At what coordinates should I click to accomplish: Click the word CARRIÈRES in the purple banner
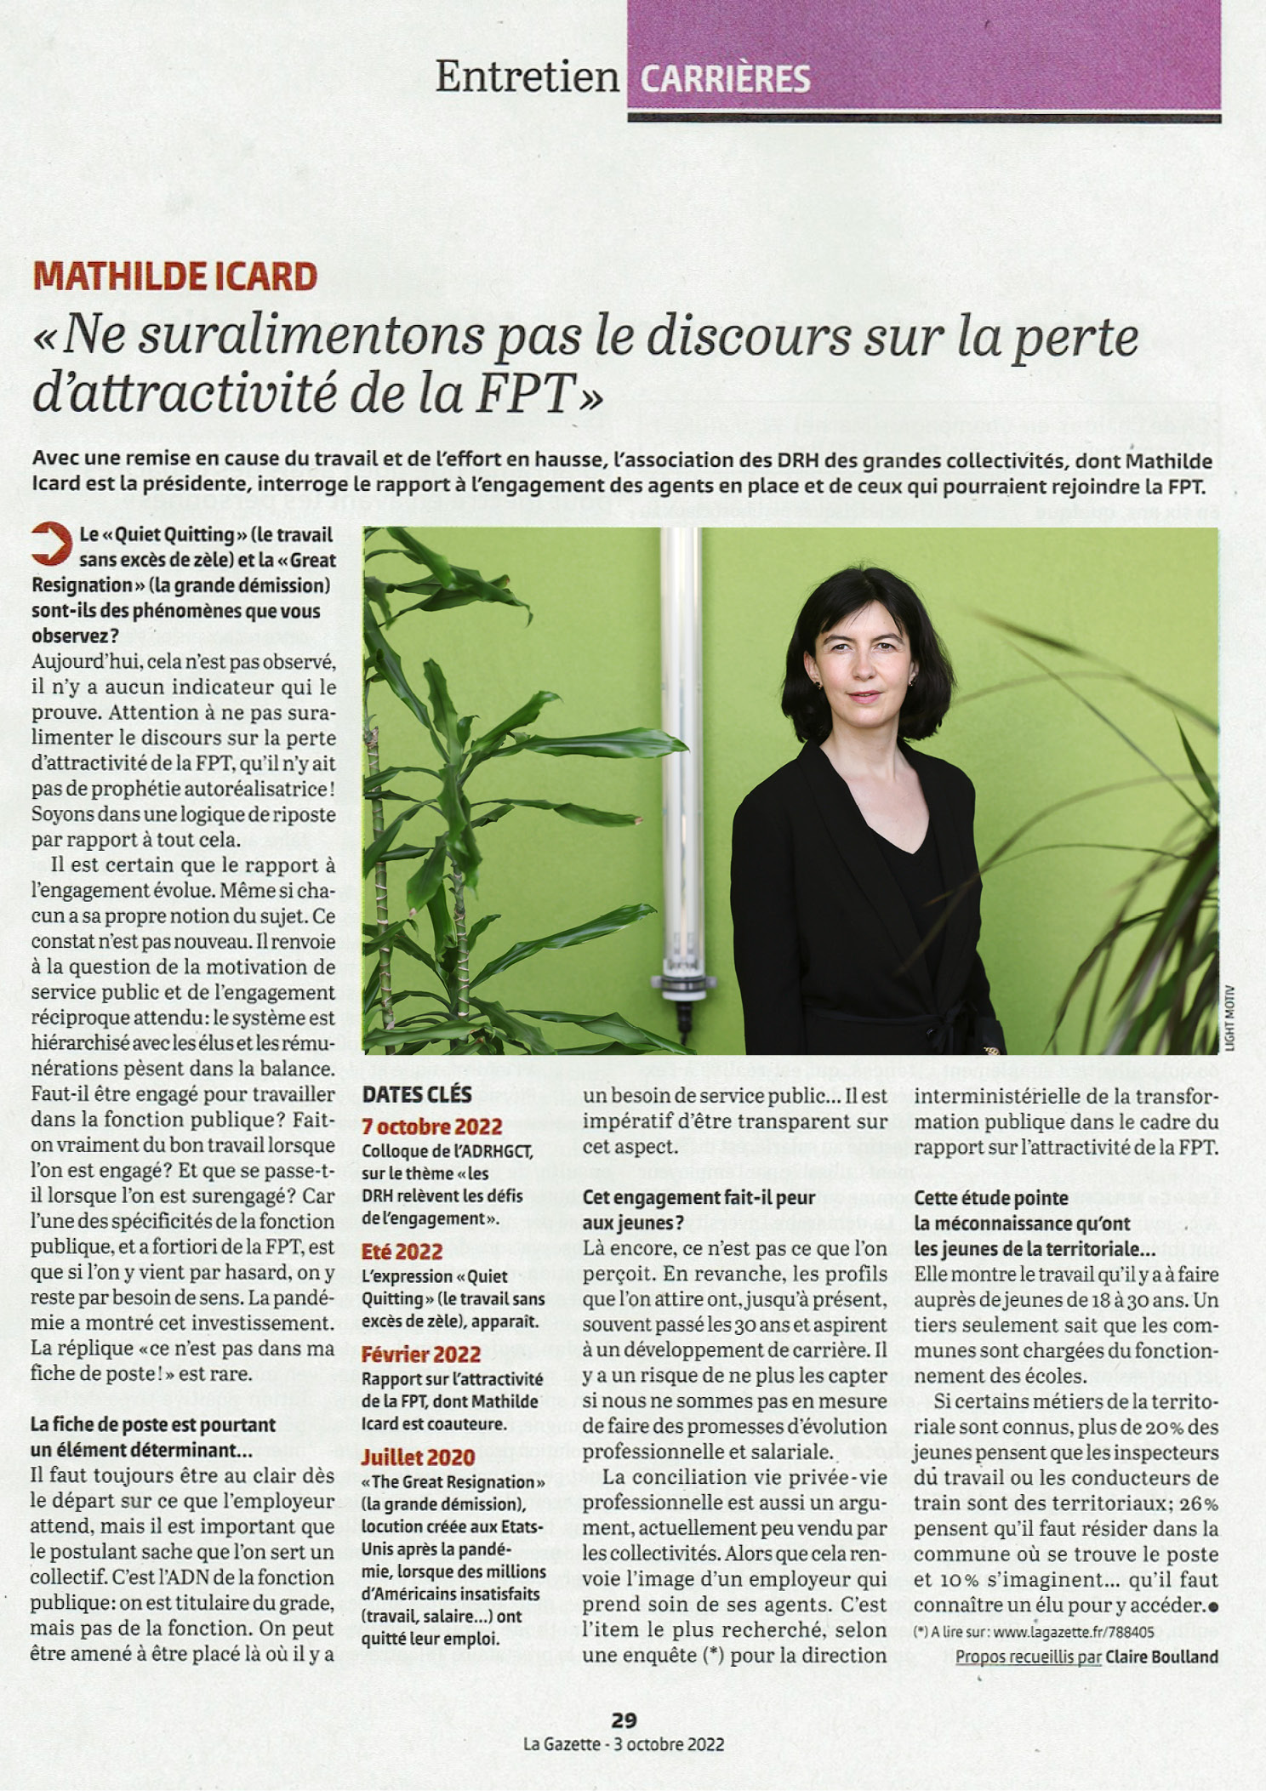coord(725,80)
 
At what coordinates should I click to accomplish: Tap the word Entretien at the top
coord(527,77)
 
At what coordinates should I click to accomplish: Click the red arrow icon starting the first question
coord(50,545)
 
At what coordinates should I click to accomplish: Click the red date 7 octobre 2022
coord(431,1127)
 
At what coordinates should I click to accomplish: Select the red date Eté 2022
coord(402,1252)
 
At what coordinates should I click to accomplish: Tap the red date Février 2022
coord(421,1354)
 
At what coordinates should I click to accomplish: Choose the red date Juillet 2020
coord(418,1457)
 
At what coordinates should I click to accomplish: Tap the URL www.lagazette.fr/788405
coord(1074,1632)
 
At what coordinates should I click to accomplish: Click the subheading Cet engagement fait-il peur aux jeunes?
coord(699,1210)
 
